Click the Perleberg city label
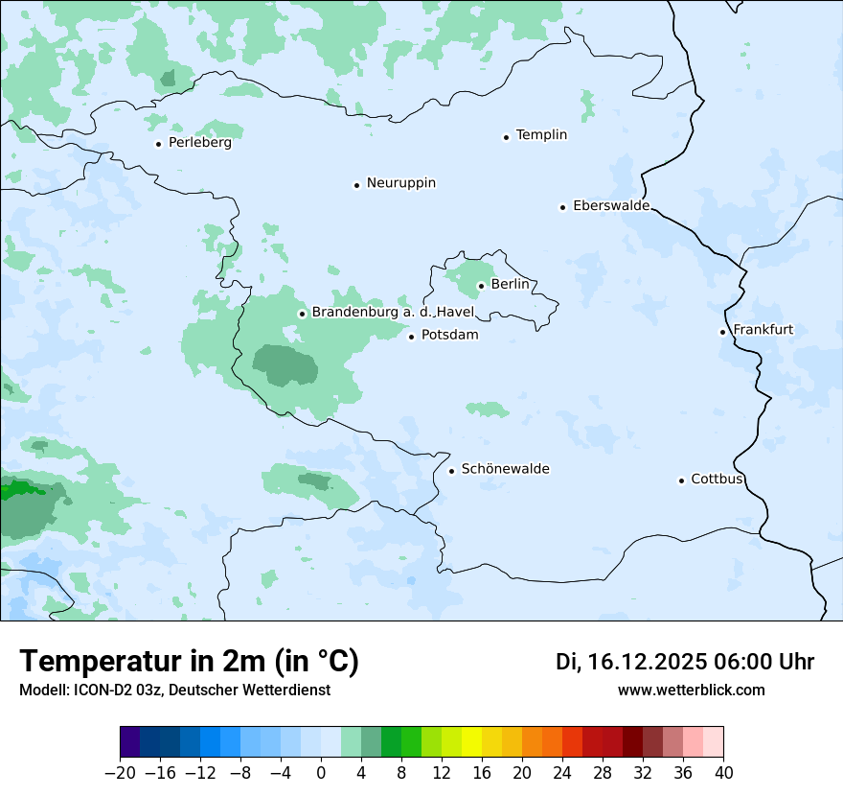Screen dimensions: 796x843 [x=199, y=143]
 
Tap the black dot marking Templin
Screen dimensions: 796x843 [x=506, y=137]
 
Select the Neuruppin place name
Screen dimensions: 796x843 [x=400, y=183]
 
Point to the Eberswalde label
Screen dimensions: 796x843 [x=610, y=206]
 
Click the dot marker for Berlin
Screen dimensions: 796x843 [x=481, y=285]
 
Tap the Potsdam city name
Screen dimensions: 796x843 [x=449, y=336]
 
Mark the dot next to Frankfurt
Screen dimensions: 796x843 [x=723, y=332]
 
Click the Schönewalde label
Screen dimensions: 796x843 [x=505, y=469]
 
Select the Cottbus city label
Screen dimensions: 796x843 [x=717, y=480]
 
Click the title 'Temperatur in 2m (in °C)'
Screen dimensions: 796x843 [x=189, y=661]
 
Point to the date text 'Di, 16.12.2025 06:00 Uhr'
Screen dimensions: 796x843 [x=685, y=662]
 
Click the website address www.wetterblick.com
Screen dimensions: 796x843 [x=691, y=690]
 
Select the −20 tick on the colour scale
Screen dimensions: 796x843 [x=121, y=773]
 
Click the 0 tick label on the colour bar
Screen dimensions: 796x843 [x=321, y=773]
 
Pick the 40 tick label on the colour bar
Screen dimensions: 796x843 [x=723, y=773]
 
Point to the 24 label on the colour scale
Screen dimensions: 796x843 [x=562, y=773]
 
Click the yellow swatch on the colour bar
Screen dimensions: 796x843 [x=471, y=742]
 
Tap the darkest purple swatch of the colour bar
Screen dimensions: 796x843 [x=130, y=742]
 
